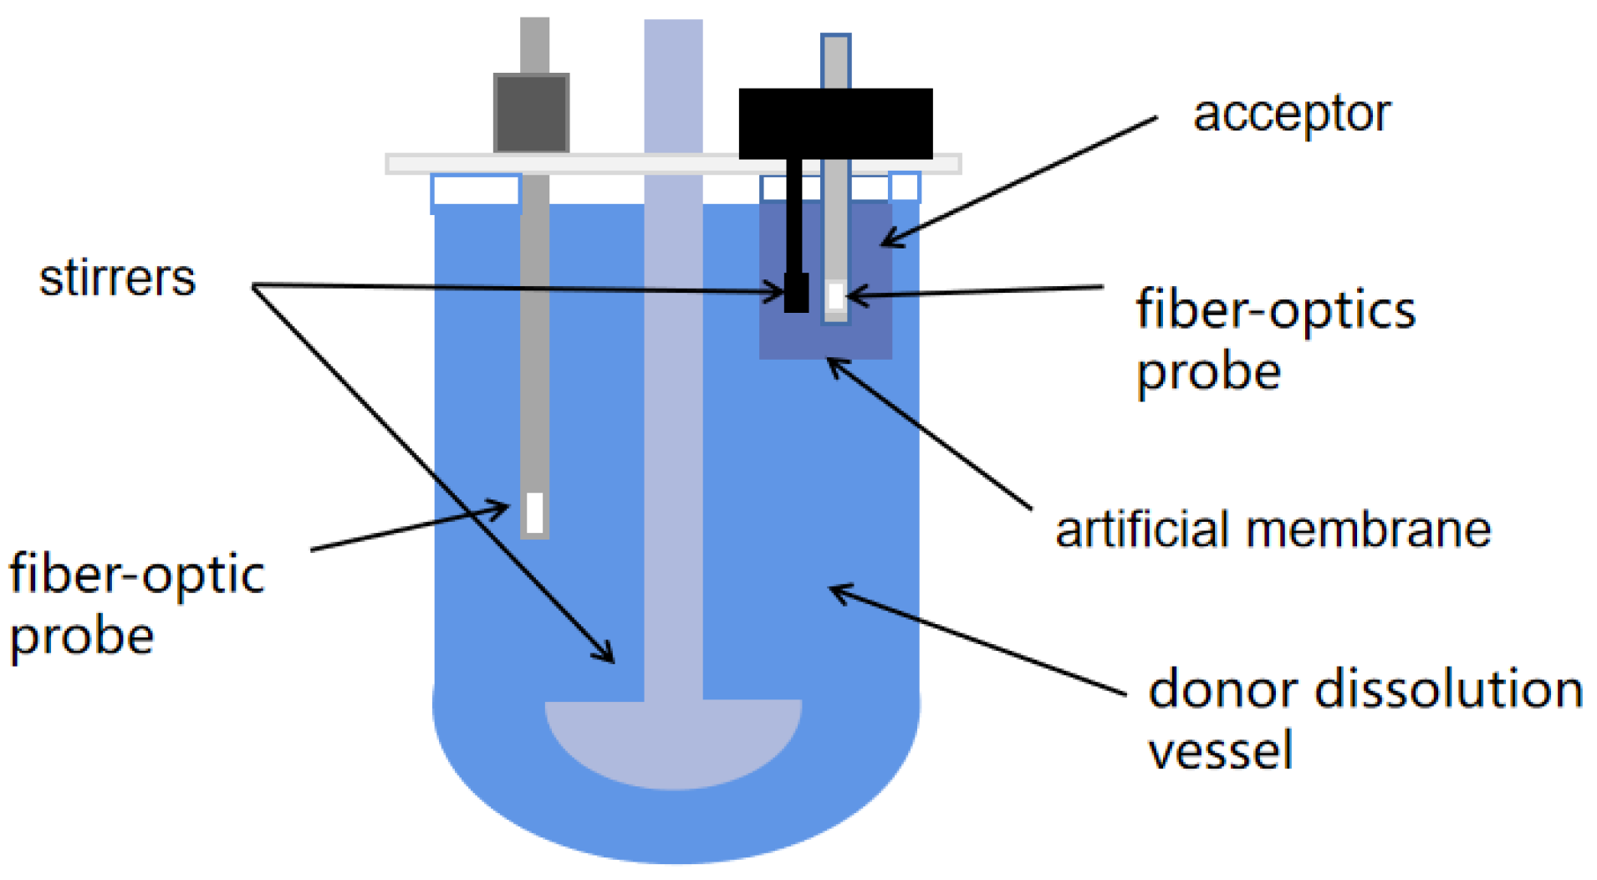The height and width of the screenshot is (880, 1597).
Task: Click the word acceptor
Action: tap(1291, 115)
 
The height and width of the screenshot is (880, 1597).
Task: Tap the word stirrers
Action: tap(117, 278)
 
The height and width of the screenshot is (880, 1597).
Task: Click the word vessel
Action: tap(1220, 750)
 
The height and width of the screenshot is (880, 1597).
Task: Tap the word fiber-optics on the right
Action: tap(1275, 310)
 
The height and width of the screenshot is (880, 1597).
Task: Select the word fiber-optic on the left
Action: tap(136, 576)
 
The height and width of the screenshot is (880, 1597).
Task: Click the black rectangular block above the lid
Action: tap(835, 123)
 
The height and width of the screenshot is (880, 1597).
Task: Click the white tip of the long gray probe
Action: tap(535, 512)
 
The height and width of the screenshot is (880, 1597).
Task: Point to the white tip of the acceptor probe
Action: tap(835, 296)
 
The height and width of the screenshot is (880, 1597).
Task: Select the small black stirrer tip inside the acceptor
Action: tap(796, 293)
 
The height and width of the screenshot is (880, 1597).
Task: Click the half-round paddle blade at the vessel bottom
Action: tap(673, 740)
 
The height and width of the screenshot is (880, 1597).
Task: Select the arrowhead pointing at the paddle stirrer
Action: tap(608, 656)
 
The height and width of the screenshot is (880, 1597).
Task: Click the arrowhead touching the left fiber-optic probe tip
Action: tap(502, 507)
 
